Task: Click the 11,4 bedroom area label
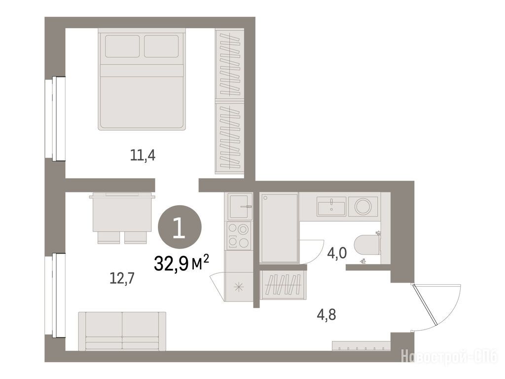(x=143, y=155)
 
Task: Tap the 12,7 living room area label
(x=122, y=278)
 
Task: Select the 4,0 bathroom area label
(x=337, y=253)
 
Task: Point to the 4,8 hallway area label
(x=326, y=314)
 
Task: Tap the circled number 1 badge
(x=180, y=227)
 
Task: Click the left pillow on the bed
(x=122, y=46)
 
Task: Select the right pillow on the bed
(x=161, y=46)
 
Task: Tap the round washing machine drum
(x=363, y=206)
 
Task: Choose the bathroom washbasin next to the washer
(x=331, y=207)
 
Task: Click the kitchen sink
(x=240, y=207)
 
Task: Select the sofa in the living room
(x=122, y=331)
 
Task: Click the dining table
(x=122, y=213)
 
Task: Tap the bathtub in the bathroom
(x=280, y=228)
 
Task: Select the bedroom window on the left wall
(x=55, y=118)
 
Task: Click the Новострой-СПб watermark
(x=450, y=357)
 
